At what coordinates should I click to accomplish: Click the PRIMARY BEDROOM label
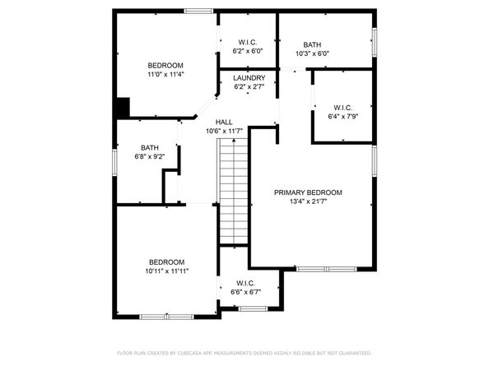point(308,192)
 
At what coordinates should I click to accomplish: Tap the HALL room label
point(224,122)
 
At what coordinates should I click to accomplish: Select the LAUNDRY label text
point(249,78)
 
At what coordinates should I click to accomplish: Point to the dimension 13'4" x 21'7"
point(308,202)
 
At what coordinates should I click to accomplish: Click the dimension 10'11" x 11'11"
point(167,271)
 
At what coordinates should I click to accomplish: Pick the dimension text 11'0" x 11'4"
point(165,75)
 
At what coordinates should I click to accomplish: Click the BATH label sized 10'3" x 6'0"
point(312,44)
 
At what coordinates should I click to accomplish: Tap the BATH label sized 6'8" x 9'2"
point(150,148)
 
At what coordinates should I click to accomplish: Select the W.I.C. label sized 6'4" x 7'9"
point(342,108)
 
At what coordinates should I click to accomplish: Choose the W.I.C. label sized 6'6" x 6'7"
point(246,283)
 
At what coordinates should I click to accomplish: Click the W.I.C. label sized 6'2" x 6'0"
point(248,42)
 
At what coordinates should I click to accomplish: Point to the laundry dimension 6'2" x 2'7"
point(249,86)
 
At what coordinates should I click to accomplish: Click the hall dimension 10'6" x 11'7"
point(224,131)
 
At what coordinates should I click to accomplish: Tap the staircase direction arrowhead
point(234,141)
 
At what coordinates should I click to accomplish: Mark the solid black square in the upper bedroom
point(123,108)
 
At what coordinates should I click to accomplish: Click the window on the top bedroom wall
point(198,12)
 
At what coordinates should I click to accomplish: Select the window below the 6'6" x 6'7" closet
point(253,308)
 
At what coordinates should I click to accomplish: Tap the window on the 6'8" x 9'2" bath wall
point(114,162)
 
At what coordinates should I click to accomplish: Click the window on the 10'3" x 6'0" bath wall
point(375,43)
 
